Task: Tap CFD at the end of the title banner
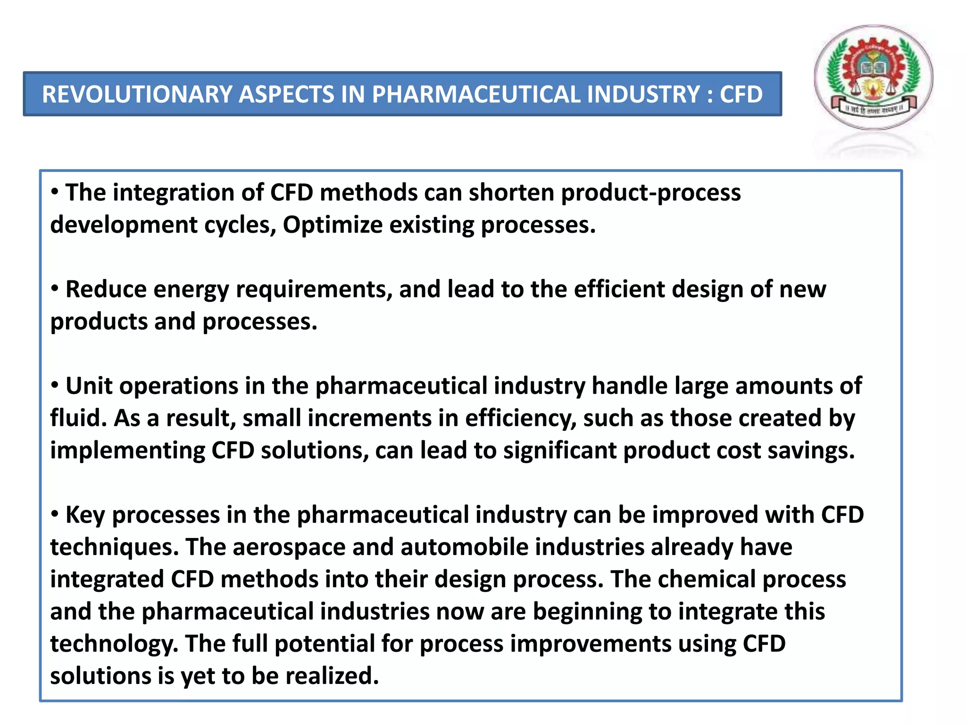pyautogui.click(x=741, y=94)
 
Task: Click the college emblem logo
pyautogui.click(x=874, y=78)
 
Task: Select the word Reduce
pyautogui.click(x=106, y=289)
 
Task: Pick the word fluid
pyautogui.click(x=77, y=418)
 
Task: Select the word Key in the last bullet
pyautogui.click(x=85, y=515)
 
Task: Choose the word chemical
pyautogui.click(x=707, y=579)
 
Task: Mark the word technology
pyautogui.click(x=114, y=644)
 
